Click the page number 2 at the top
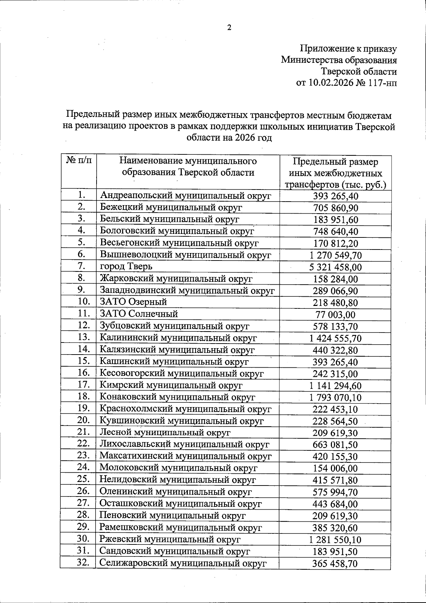[229, 28]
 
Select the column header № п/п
[79, 161]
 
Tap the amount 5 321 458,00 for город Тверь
[335, 267]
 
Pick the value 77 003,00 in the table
[335, 315]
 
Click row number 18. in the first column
[83, 396]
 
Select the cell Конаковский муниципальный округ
[177, 397]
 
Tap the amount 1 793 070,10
[335, 398]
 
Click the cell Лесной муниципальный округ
[165, 433]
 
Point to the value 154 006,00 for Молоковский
[335, 468]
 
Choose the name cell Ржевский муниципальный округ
[170, 539]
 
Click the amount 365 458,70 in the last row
[335, 563]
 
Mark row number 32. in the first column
[83, 563]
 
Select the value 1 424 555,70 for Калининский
[335, 338]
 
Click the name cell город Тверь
[126, 266]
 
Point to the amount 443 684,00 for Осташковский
[335, 504]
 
